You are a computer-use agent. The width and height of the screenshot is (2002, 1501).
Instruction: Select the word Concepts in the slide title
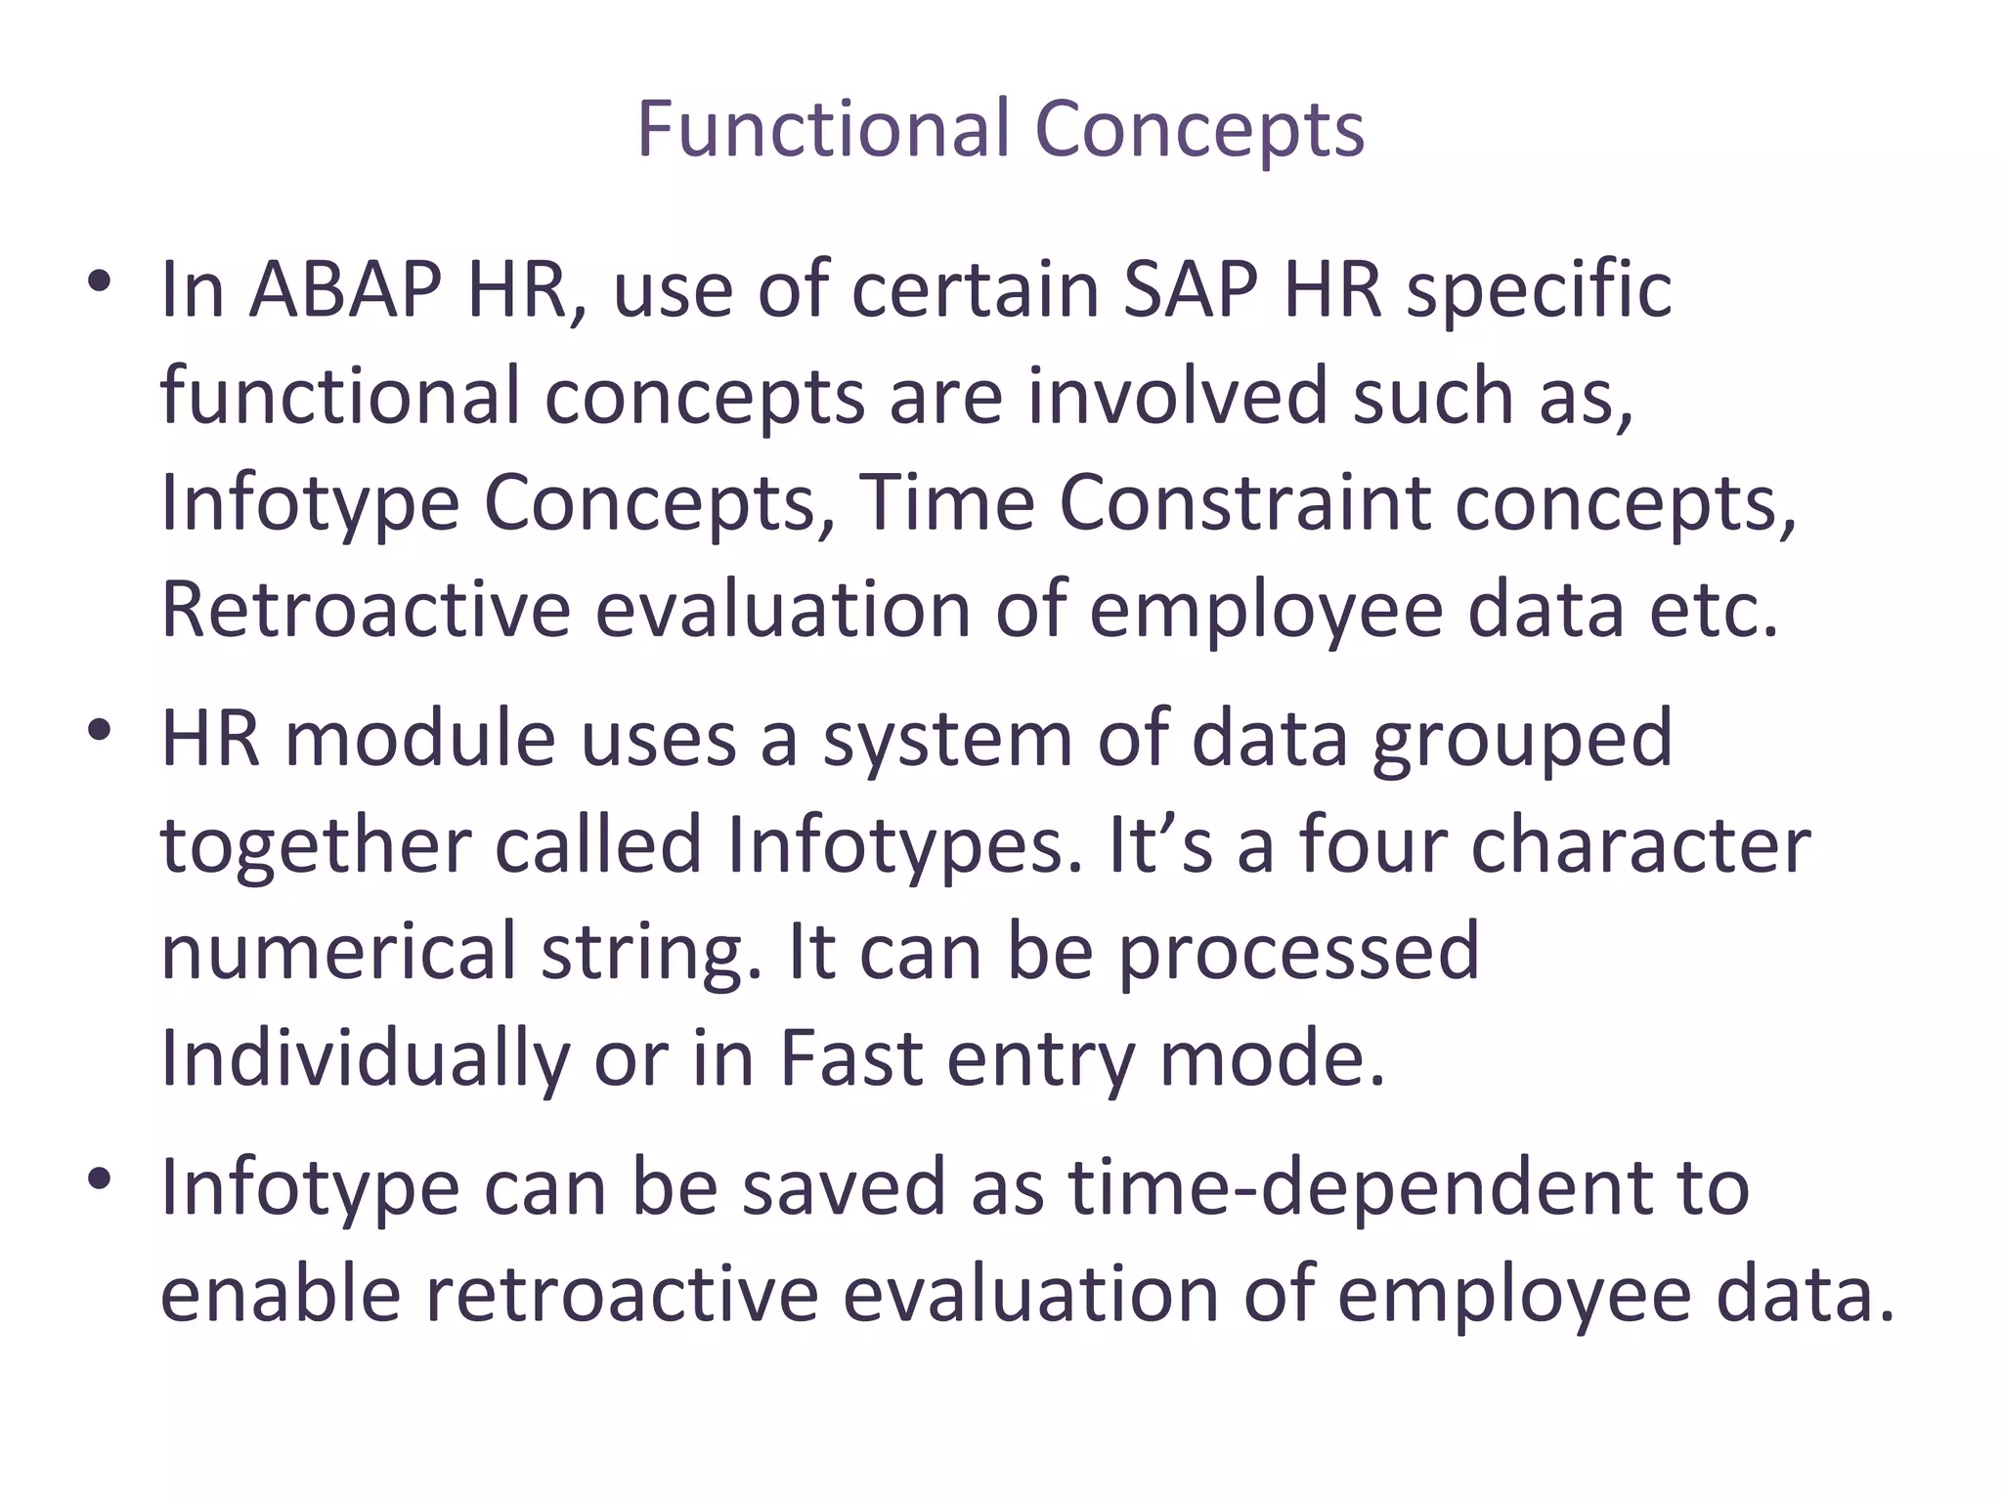(1198, 130)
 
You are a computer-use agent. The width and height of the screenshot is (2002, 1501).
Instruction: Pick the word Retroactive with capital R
(365, 610)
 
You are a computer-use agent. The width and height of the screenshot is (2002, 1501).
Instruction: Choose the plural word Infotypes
(904, 845)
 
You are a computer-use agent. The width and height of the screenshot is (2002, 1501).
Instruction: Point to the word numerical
(338, 952)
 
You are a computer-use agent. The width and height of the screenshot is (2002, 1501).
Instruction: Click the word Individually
(365, 1059)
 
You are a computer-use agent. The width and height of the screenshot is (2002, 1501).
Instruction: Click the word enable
(281, 1295)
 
